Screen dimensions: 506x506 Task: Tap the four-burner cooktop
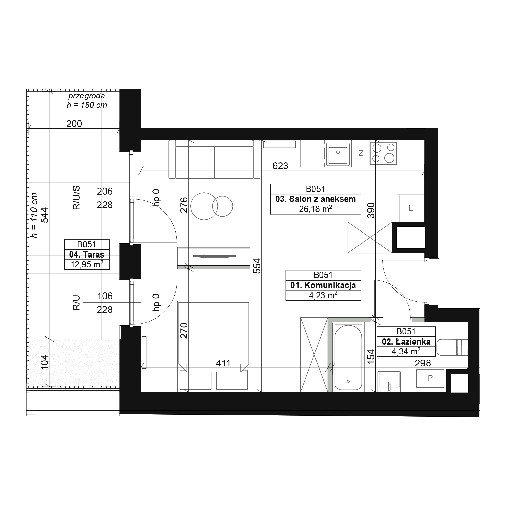coord(384,154)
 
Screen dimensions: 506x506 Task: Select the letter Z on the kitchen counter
coord(361,153)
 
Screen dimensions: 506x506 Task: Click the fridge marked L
coord(411,208)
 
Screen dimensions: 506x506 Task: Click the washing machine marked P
coord(430,378)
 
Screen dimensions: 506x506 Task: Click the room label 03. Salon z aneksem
coord(315,199)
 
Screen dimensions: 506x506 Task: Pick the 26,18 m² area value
coord(315,209)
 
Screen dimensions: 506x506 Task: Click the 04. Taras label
coord(87,255)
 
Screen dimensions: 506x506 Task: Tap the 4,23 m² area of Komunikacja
coord(323,295)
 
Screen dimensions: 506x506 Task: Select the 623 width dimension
coord(280,166)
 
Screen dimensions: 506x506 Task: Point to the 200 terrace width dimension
coord(74,124)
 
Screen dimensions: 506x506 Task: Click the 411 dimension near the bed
coord(223,363)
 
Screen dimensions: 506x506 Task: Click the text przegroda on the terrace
coord(87,96)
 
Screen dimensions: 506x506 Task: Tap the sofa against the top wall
coord(214,159)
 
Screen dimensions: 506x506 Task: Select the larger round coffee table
coord(204,206)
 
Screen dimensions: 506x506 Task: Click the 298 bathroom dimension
coord(423,363)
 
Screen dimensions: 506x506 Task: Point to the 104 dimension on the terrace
coord(45,362)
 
